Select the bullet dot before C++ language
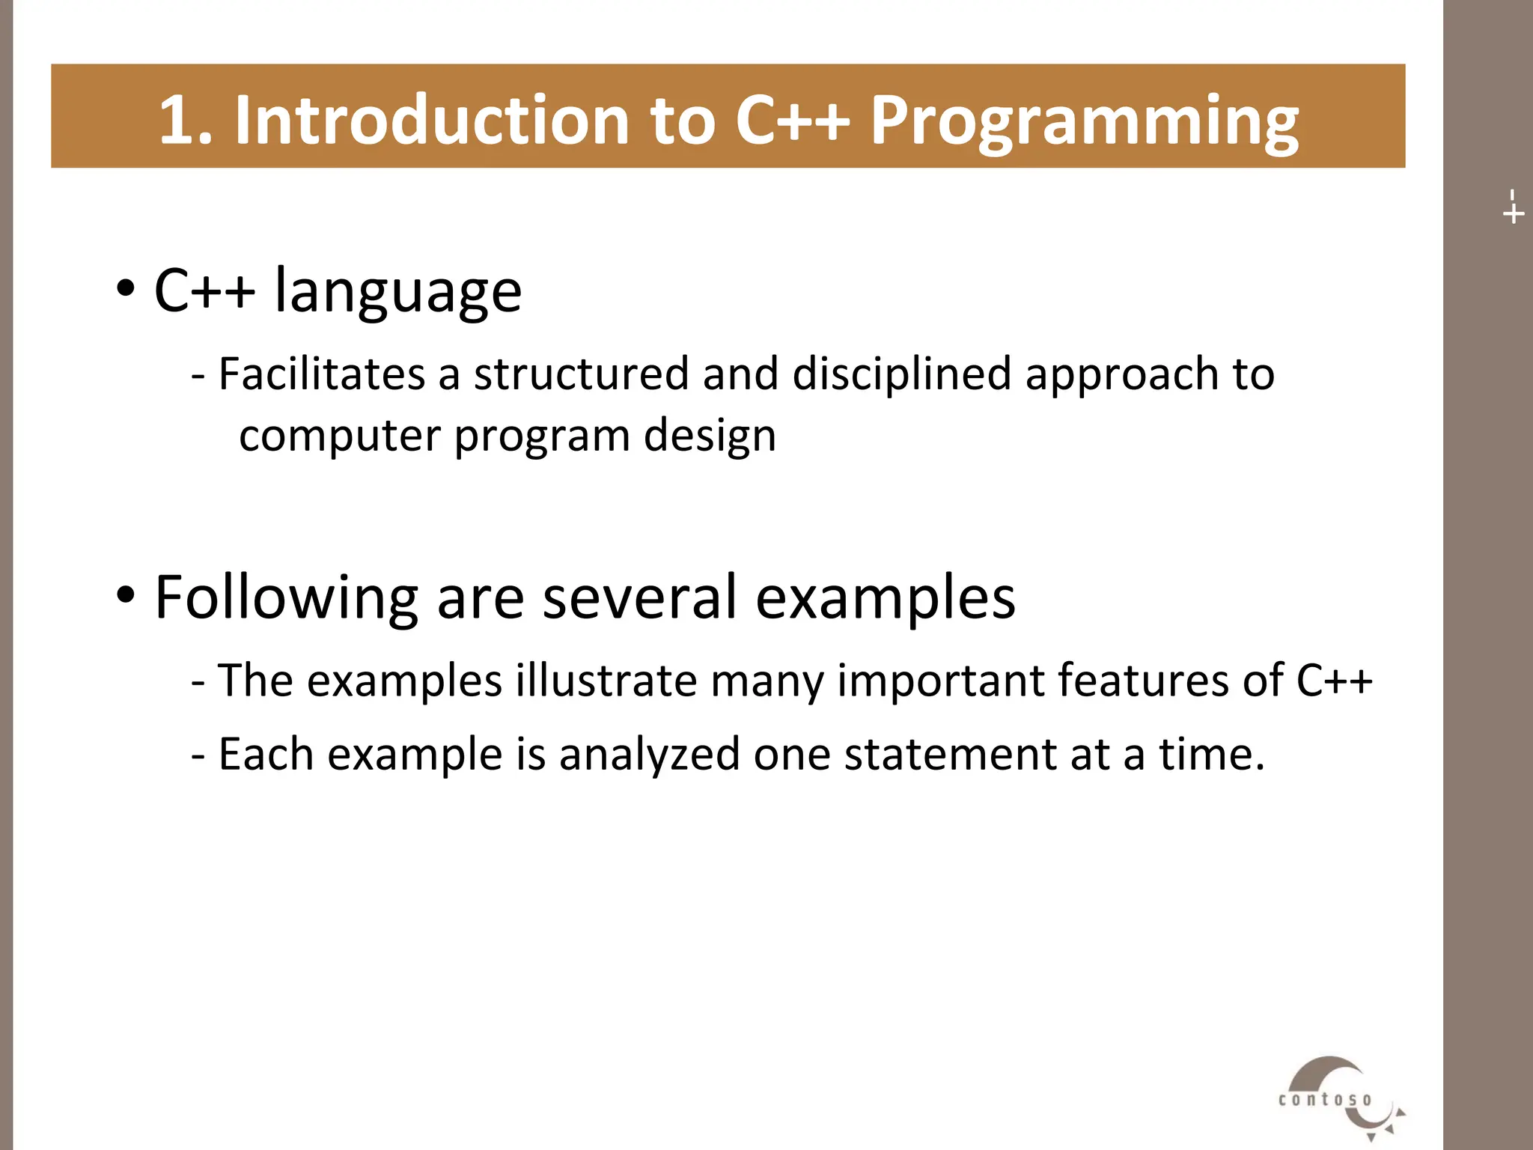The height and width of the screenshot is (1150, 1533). click(126, 288)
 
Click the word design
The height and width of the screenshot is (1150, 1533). click(710, 436)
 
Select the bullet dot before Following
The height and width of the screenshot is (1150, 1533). click(126, 595)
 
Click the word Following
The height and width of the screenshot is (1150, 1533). click(286, 597)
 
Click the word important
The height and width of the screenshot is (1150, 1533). click(940, 681)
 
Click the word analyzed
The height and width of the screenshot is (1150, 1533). click(649, 755)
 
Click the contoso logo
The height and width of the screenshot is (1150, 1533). click(1338, 1098)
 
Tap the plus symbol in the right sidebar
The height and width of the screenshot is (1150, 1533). click(1513, 214)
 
